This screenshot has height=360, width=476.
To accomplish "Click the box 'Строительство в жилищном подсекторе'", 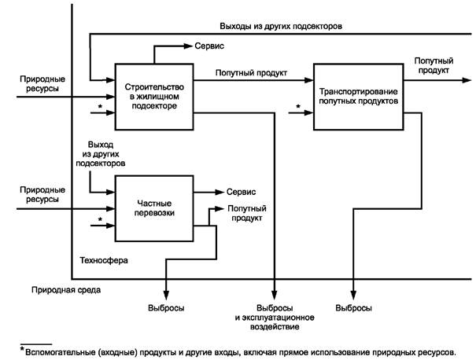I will [154, 95].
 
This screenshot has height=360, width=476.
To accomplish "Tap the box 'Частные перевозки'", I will [154, 208].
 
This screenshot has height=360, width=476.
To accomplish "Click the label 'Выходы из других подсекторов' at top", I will [281, 26].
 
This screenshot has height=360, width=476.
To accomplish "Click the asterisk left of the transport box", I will [298, 106].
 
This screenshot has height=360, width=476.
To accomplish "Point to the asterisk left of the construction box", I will [99, 106].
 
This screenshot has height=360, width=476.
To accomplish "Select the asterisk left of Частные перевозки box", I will [99, 219].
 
